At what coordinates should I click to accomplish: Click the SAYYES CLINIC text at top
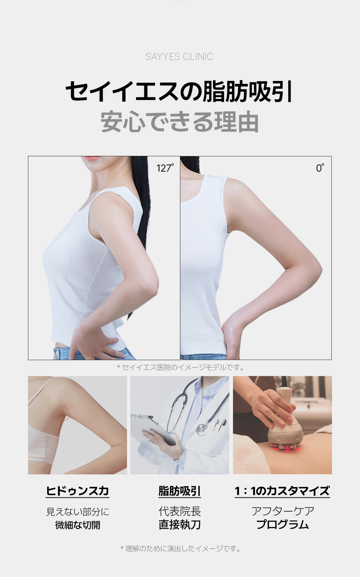(x=179, y=57)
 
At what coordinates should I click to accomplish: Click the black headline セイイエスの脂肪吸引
(x=179, y=91)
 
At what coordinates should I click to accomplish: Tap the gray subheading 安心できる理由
(x=179, y=122)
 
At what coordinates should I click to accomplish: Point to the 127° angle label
(x=165, y=168)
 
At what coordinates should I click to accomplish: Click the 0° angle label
(x=320, y=168)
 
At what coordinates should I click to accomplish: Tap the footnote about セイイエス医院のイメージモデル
(x=180, y=367)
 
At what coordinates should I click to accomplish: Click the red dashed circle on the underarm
(x=63, y=413)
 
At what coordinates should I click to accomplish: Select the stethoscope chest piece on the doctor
(x=201, y=429)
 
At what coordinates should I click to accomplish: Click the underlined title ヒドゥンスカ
(x=77, y=491)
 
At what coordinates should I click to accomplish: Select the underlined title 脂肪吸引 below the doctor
(x=179, y=491)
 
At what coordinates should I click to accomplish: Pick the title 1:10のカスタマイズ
(x=282, y=491)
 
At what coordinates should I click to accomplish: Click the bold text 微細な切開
(x=77, y=525)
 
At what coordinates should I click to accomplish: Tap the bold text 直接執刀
(x=179, y=525)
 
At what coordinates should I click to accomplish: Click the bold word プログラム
(x=282, y=525)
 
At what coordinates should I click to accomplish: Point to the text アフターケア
(x=283, y=511)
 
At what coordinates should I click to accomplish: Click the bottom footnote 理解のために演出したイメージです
(x=180, y=549)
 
